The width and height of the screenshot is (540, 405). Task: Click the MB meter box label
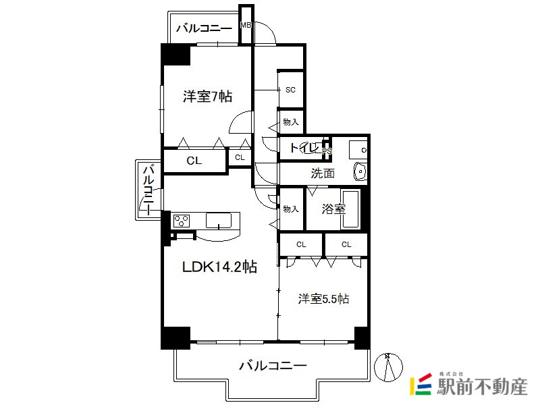coord(246,25)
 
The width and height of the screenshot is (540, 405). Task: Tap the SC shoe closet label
coord(291,90)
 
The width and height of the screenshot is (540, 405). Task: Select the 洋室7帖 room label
coord(207,97)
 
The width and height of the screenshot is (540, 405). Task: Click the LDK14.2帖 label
coord(219,267)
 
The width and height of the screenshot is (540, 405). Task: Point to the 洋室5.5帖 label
coord(323,298)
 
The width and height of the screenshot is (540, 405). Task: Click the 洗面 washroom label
coord(323,173)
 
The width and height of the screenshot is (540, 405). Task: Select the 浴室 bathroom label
coord(333,209)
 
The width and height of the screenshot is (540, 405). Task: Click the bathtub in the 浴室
coord(350,209)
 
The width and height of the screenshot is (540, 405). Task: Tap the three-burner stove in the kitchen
coord(182,221)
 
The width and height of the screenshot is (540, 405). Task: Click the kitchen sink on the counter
coord(219,221)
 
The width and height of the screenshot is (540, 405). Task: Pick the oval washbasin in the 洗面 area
coord(360,171)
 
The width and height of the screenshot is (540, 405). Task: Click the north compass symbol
coord(388,367)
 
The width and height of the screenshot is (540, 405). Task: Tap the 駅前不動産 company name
coord(482,387)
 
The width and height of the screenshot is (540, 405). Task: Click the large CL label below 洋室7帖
coord(194,161)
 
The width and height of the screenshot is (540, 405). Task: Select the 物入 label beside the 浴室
coord(291,209)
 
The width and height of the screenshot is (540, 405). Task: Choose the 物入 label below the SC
coord(291,122)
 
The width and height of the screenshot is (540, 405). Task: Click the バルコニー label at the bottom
coord(273,365)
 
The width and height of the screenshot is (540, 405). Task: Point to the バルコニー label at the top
coord(205,28)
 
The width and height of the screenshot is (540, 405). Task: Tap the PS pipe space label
coord(327,151)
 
